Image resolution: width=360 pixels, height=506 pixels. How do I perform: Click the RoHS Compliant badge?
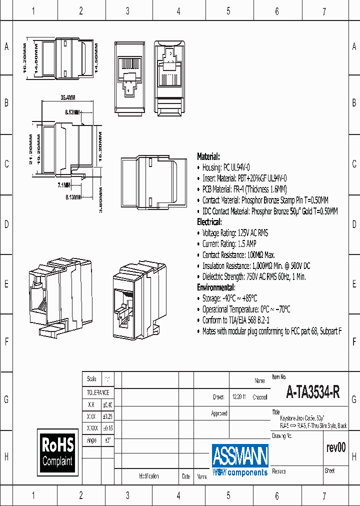57,452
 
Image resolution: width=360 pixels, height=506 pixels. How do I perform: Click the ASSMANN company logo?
240,459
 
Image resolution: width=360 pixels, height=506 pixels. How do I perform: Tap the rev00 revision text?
335,447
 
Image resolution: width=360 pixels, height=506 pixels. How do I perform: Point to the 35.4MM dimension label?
67,97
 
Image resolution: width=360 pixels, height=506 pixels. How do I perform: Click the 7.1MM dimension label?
64,185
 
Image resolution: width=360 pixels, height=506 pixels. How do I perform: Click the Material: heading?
208,156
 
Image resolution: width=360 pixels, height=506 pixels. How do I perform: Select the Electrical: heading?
209,221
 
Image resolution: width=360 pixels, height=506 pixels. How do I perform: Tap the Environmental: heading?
216,287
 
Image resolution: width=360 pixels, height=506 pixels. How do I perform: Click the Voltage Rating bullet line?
235,232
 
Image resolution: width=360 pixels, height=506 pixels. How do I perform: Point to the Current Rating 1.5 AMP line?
229,243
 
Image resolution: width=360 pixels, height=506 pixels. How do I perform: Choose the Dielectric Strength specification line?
254,276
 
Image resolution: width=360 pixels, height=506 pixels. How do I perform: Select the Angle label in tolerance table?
91,440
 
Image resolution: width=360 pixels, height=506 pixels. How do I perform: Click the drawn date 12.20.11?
238,397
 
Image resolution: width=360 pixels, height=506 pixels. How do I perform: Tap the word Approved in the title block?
219,413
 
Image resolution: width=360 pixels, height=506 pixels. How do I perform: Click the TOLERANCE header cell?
98,392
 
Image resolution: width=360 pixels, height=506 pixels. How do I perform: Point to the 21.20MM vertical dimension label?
31,149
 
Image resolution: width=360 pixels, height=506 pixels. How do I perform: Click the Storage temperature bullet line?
229,298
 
